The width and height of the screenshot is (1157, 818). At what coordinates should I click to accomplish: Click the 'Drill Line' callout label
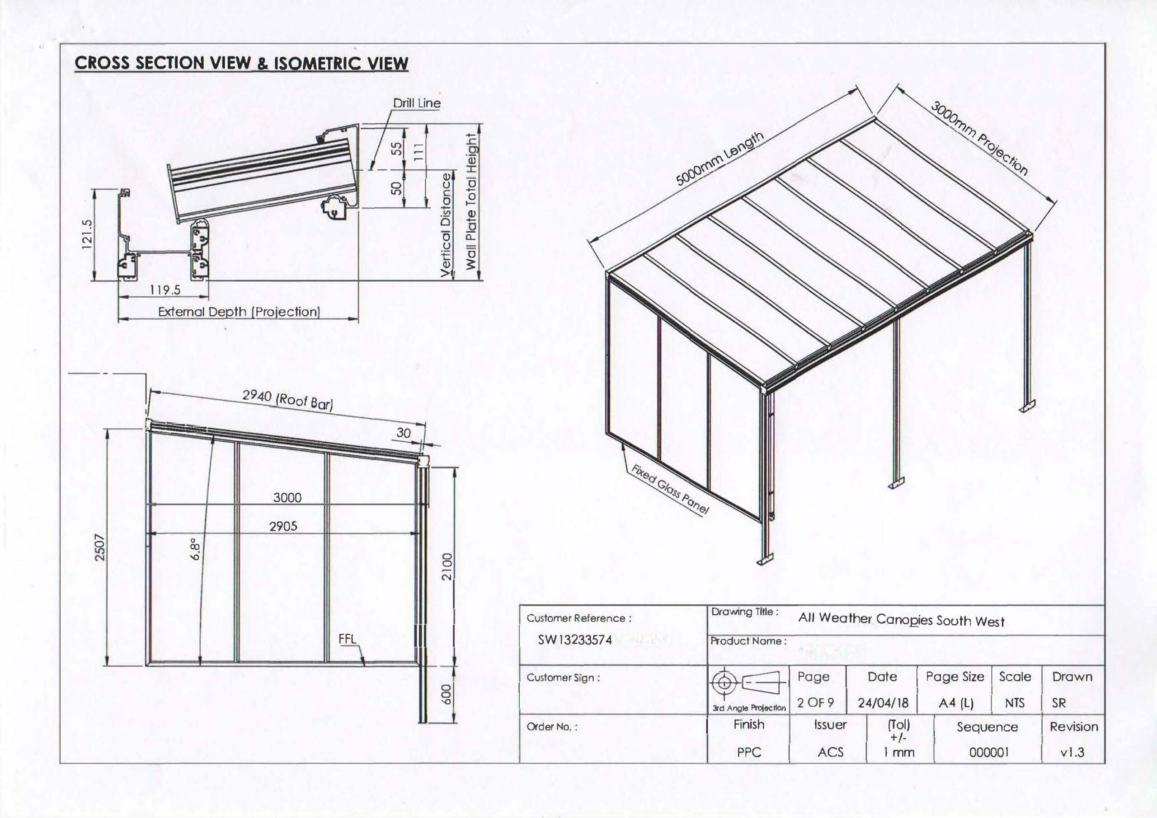[416, 103]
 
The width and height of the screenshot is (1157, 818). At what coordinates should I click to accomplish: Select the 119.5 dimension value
[165, 290]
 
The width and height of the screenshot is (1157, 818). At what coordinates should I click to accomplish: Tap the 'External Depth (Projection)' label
[239, 312]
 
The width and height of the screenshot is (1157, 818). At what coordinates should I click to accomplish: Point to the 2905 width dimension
[283, 526]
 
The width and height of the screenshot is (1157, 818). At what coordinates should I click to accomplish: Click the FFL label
[347, 639]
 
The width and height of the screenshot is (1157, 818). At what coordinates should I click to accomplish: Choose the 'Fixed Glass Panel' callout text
[670, 489]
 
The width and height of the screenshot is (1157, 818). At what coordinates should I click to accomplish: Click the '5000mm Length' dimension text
[720, 159]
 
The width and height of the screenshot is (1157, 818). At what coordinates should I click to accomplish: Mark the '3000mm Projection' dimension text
[978, 139]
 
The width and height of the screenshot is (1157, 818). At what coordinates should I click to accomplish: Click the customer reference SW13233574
[575, 640]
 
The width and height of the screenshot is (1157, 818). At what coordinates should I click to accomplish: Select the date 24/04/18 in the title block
[882, 703]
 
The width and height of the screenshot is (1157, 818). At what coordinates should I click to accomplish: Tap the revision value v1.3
[1072, 753]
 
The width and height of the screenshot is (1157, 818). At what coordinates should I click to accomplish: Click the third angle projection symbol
[748, 683]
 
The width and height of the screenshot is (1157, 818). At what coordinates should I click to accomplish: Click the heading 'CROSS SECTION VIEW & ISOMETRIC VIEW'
[241, 64]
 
